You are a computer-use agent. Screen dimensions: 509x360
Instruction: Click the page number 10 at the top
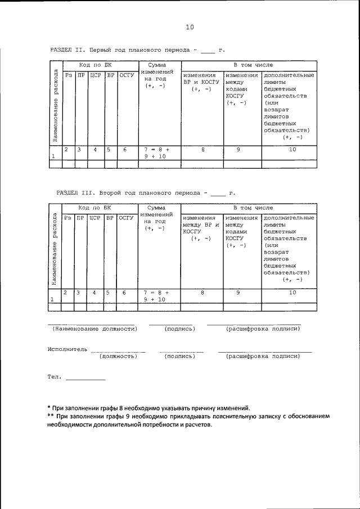click(x=190, y=27)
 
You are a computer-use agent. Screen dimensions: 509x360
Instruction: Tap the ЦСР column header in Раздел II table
click(x=94, y=75)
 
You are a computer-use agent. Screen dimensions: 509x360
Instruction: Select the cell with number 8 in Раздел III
click(x=202, y=292)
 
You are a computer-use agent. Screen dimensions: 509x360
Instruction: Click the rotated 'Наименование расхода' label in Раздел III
click(x=54, y=250)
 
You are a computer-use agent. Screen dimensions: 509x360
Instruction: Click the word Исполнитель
click(x=67, y=349)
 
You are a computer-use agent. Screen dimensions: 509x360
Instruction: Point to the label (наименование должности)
click(x=92, y=328)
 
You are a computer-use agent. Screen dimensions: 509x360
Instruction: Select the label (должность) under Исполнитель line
click(x=118, y=356)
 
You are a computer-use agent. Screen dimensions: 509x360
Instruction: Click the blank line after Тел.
click(x=85, y=380)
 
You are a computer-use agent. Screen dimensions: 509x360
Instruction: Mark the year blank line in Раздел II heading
click(x=208, y=53)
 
